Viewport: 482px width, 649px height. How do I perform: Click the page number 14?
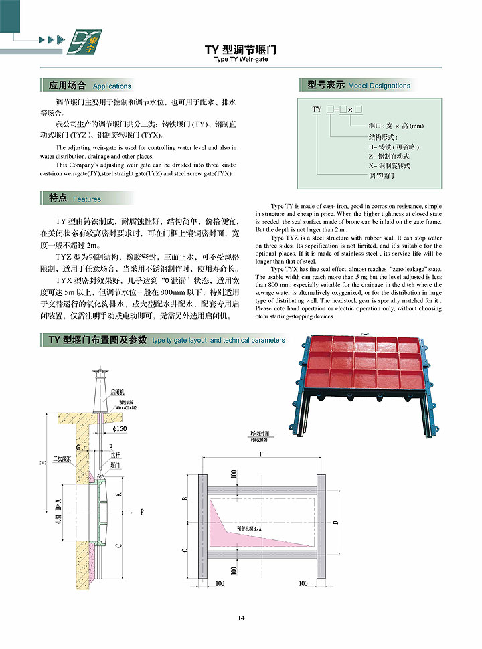[x=241, y=618]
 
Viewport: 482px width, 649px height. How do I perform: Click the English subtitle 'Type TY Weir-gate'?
[x=240, y=59]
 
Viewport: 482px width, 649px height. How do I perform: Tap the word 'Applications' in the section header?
[x=112, y=86]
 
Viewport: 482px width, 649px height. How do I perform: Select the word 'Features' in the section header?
[x=87, y=199]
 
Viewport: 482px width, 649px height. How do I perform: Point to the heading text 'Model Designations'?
[x=379, y=86]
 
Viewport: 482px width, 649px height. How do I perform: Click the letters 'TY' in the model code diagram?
[x=317, y=108]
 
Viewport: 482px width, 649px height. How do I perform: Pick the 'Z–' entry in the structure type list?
[x=372, y=155]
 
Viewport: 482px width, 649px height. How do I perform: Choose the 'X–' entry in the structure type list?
[x=372, y=165]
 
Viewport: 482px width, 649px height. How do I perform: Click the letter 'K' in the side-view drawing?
[x=119, y=495]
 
